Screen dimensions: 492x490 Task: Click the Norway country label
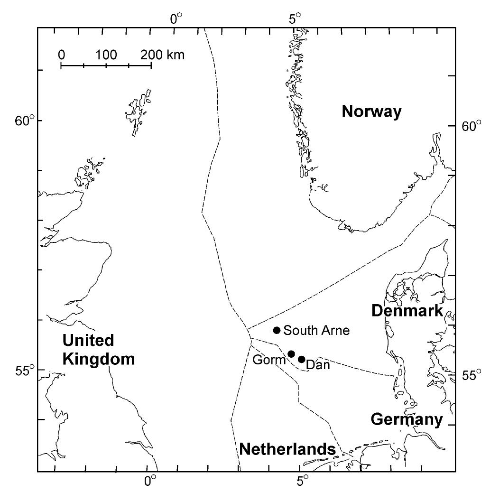371,112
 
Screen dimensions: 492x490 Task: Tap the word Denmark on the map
407,311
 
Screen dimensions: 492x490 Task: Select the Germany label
407,419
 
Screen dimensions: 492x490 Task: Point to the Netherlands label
287,449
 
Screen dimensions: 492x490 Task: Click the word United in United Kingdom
88,340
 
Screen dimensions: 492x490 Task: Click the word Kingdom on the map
98,359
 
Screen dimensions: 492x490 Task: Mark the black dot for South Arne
277,330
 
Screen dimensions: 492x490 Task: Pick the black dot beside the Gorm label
292,354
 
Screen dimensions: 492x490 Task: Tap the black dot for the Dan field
301,359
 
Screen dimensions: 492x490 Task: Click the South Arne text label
316,331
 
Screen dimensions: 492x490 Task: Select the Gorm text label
269,360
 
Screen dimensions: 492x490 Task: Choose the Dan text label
318,365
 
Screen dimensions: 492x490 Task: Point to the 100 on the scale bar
106,55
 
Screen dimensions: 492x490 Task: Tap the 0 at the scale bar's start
62,55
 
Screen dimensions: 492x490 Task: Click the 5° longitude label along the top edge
296,19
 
